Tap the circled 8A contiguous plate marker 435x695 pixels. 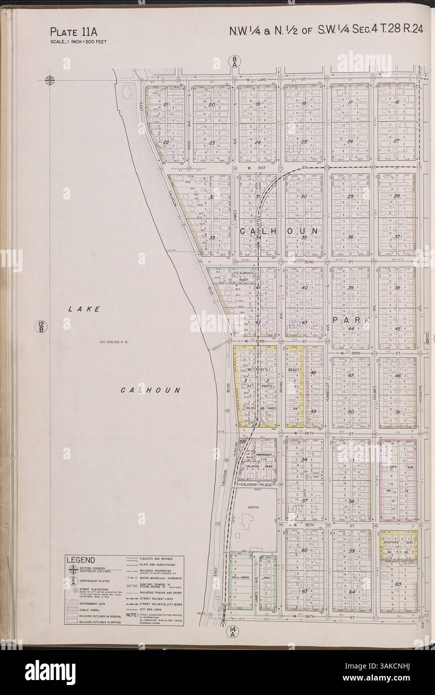click(x=235, y=61)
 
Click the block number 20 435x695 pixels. click(x=212, y=105)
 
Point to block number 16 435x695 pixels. click(x=398, y=102)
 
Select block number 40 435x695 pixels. click(x=305, y=288)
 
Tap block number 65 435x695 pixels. click(x=398, y=584)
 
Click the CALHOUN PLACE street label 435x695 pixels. click(x=255, y=484)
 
